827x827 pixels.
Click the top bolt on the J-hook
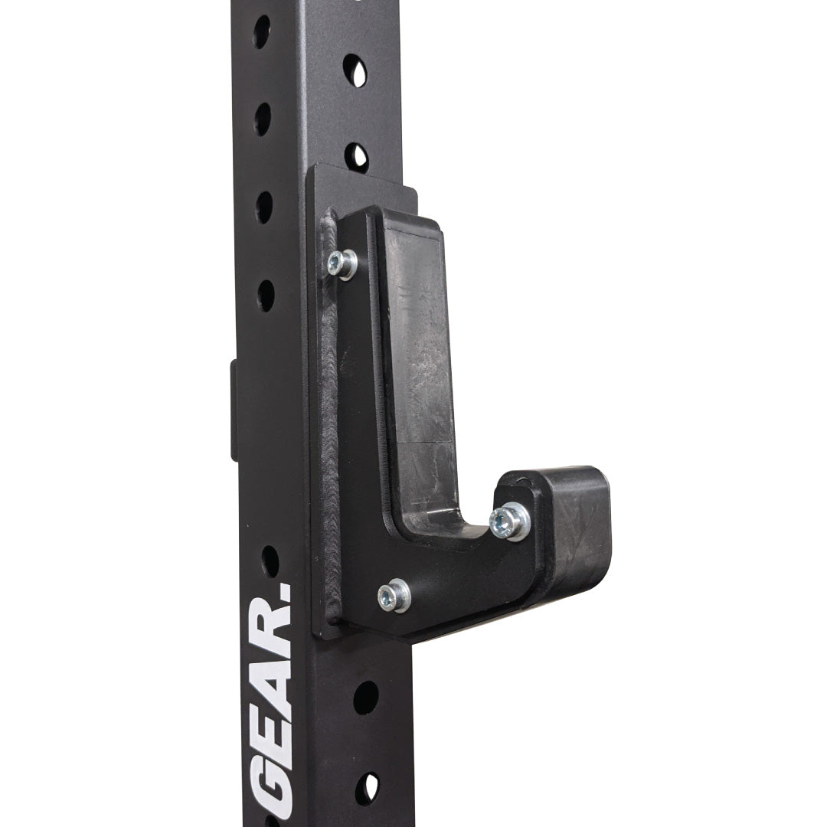click(342, 263)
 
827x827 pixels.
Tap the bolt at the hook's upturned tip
click(508, 521)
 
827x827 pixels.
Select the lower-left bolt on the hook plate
click(394, 596)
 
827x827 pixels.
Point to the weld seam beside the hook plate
click(329, 417)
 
